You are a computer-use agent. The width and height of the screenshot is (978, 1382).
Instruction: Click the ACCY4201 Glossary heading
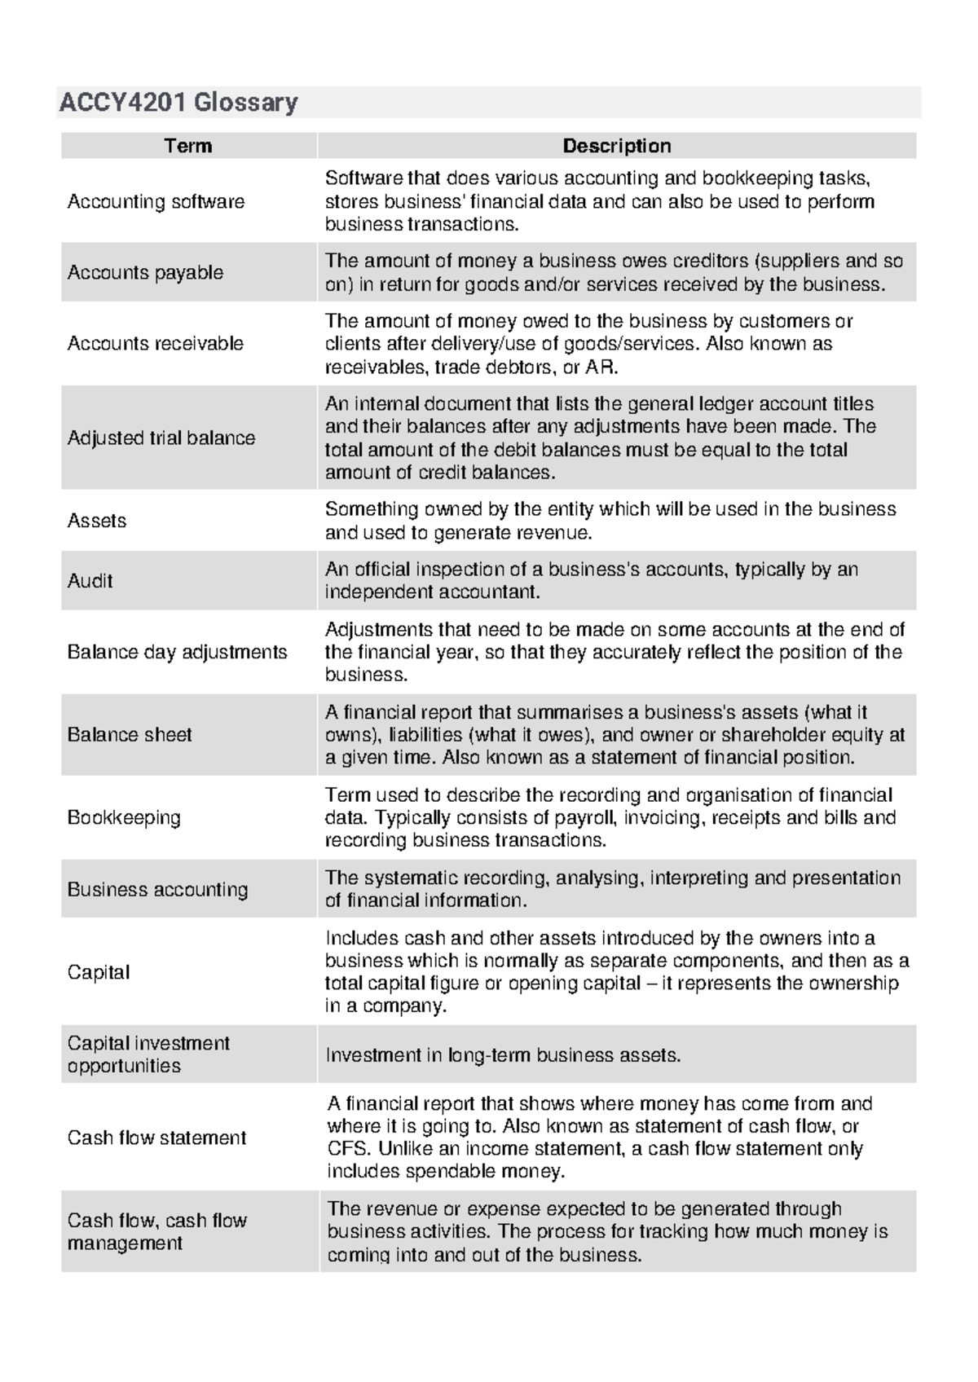178,103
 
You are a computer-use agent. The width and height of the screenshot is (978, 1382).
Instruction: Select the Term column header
188,146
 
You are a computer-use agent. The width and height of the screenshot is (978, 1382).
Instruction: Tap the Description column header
617,146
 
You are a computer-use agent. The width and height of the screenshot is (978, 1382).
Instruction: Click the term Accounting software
156,201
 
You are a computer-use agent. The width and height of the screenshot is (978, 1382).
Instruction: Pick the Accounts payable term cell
145,272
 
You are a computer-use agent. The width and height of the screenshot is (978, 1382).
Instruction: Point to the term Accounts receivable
155,343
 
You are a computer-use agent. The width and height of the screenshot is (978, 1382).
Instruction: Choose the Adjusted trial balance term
161,438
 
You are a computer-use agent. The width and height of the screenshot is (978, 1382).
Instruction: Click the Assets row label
97,521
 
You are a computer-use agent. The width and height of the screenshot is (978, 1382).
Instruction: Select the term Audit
90,581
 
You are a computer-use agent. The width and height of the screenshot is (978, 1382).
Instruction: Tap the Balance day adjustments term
177,652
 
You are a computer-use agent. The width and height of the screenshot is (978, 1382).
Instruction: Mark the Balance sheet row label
130,734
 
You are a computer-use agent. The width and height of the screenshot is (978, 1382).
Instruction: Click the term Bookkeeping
124,817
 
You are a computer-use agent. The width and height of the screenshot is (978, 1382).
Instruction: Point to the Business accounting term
157,889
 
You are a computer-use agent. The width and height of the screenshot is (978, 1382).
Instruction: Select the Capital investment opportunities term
148,1054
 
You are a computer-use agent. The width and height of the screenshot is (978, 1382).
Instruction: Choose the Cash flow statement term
156,1138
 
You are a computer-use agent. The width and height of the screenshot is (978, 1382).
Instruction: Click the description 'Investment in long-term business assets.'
503,1055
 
